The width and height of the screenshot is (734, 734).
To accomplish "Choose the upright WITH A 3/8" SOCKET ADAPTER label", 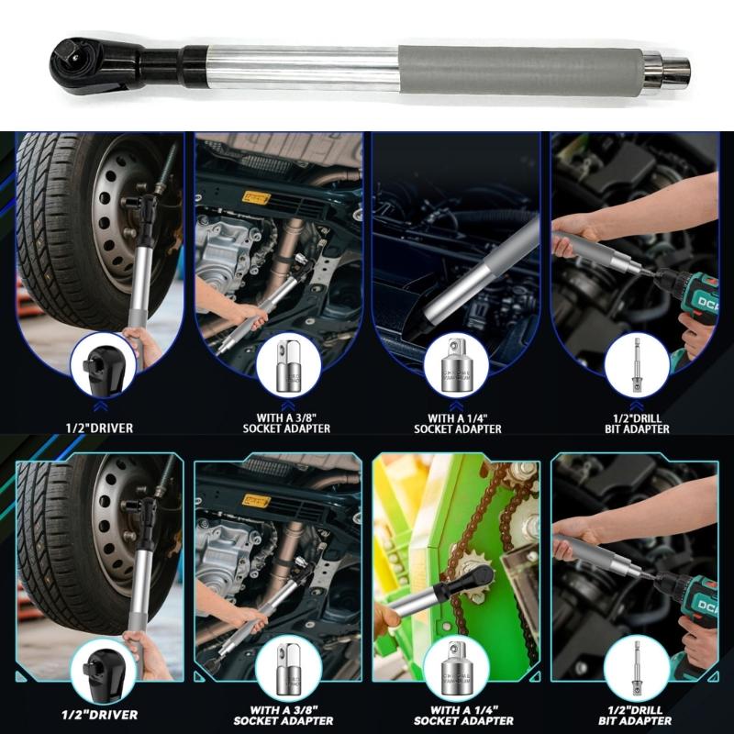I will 285,422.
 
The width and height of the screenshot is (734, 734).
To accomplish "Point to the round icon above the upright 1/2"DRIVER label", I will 104,365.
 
